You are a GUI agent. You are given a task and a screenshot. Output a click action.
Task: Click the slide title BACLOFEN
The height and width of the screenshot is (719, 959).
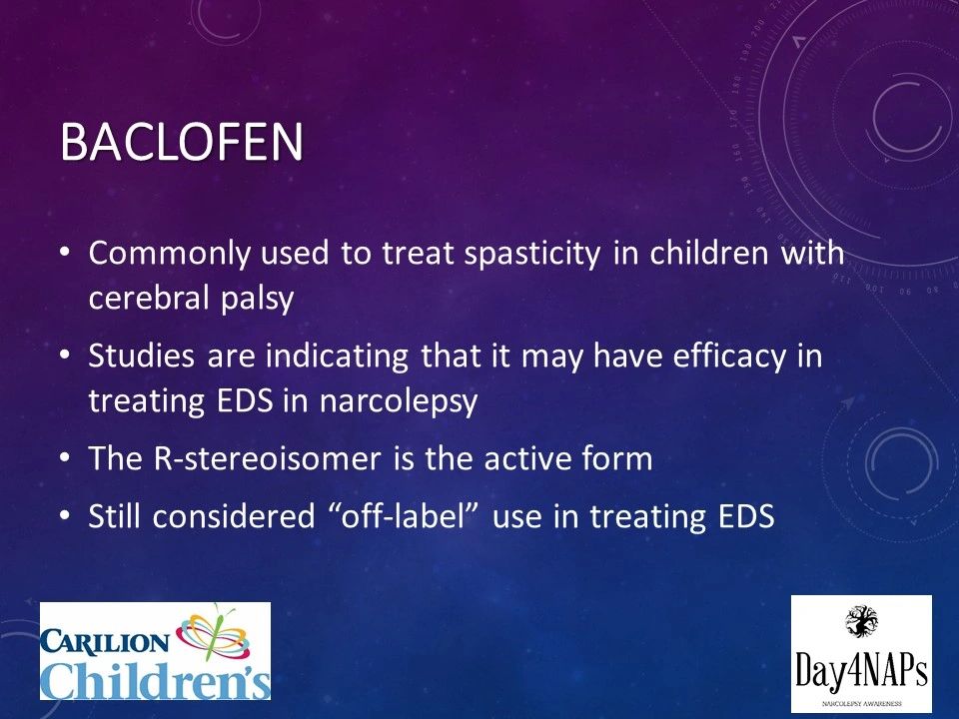pyautogui.click(x=182, y=142)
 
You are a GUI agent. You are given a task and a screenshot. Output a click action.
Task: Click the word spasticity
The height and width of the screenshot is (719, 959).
pyautogui.click(x=532, y=254)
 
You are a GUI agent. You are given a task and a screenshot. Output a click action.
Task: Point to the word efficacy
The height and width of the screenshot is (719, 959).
pyautogui.click(x=729, y=357)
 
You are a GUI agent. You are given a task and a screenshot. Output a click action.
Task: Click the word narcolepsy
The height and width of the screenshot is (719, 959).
pyautogui.click(x=399, y=402)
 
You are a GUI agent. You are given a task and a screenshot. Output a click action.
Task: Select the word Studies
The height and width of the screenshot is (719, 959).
pyautogui.click(x=141, y=356)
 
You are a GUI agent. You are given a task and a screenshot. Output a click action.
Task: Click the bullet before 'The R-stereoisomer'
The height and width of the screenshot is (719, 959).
pyautogui.click(x=66, y=458)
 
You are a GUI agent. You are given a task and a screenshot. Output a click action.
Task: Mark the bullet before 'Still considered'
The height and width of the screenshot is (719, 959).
pyautogui.click(x=66, y=515)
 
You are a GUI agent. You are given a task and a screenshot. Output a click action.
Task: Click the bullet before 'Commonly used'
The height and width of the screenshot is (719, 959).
pyautogui.click(x=66, y=252)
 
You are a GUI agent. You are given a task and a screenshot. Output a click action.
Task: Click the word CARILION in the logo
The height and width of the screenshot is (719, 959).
pyautogui.click(x=105, y=642)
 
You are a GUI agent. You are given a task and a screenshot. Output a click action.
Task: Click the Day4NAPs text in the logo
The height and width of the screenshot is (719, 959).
pyautogui.click(x=861, y=669)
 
